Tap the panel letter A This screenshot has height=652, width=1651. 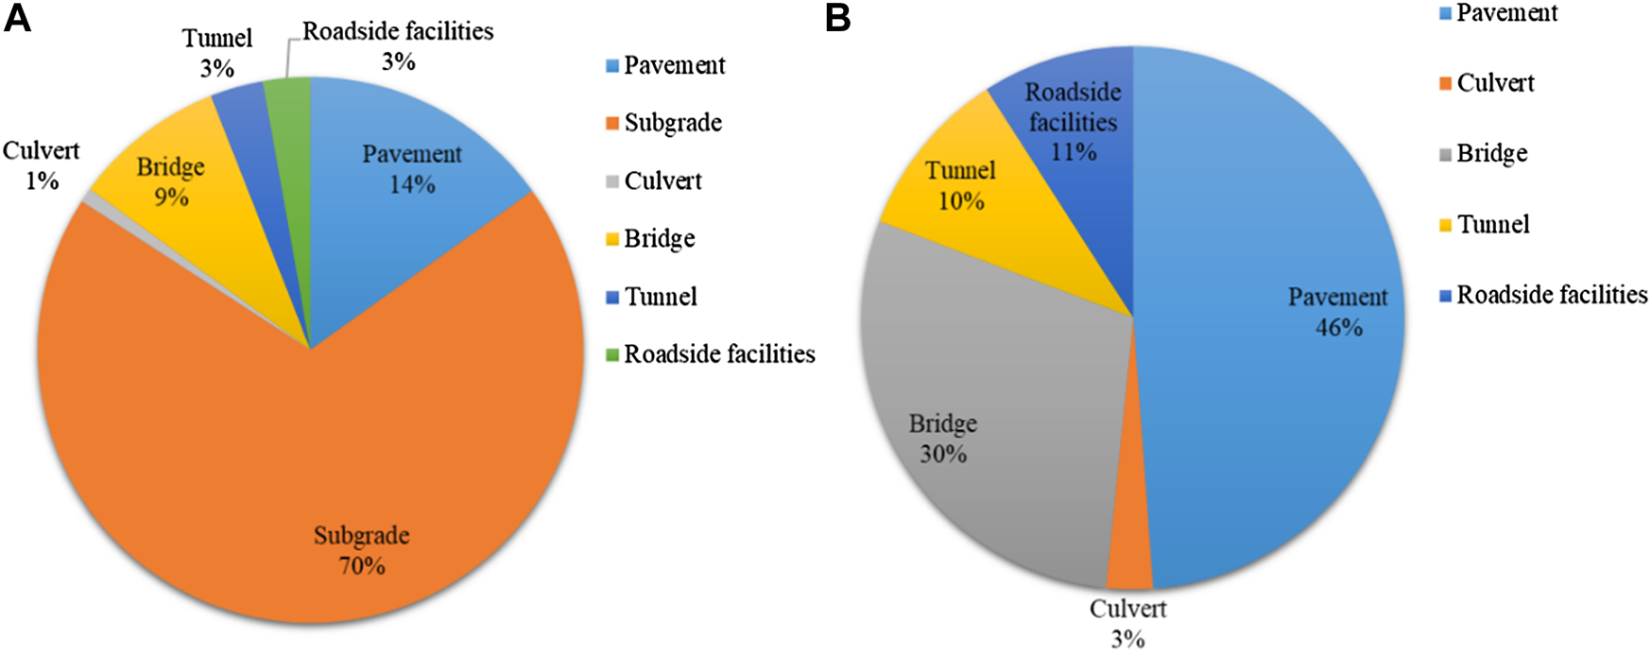click(x=18, y=19)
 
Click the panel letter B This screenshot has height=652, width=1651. click(x=837, y=19)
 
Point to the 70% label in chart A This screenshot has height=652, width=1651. click(x=362, y=566)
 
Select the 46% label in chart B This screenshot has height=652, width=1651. click(x=1338, y=327)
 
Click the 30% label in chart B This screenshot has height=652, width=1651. click(x=943, y=455)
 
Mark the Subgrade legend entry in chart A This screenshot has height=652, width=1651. click(x=672, y=123)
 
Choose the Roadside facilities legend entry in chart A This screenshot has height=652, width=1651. click(x=718, y=354)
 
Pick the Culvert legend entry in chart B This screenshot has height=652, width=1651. click(x=1494, y=83)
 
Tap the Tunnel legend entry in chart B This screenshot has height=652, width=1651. click(x=1492, y=225)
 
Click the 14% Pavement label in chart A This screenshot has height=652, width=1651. click(x=412, y=184)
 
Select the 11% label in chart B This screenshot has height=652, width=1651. click(x=1074, y=151)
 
